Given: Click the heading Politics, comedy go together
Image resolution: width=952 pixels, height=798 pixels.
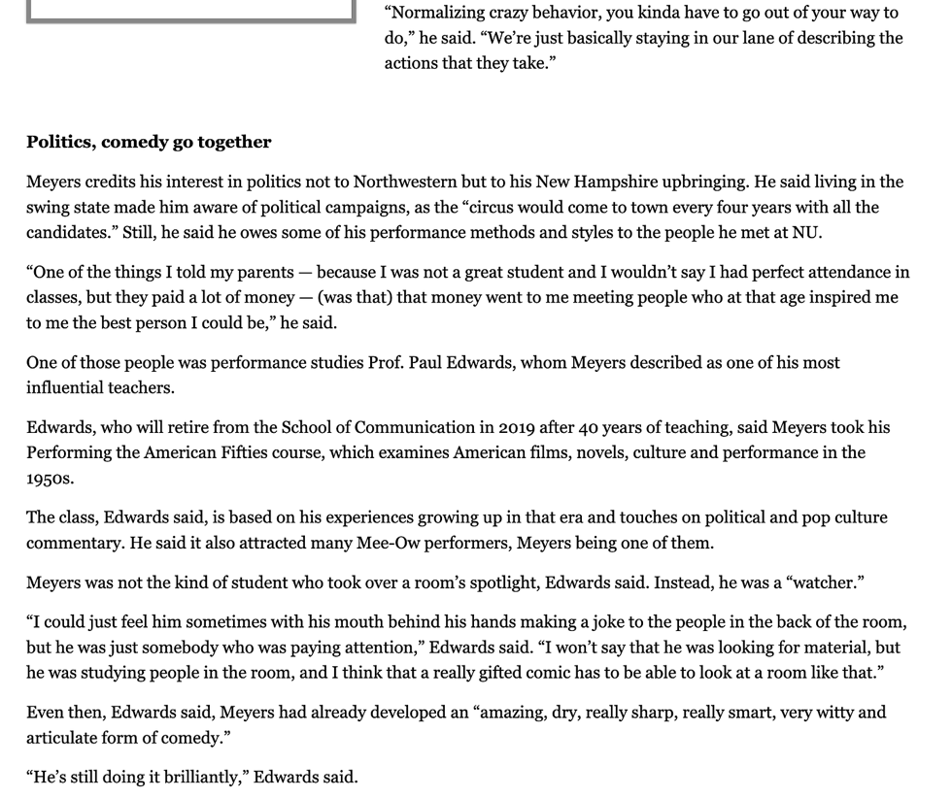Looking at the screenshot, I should [x=149, y=143].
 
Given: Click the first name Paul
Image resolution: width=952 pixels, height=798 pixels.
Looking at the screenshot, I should [x=425, y=362].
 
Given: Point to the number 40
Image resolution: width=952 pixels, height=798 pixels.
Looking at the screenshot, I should [x=589, y=427].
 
